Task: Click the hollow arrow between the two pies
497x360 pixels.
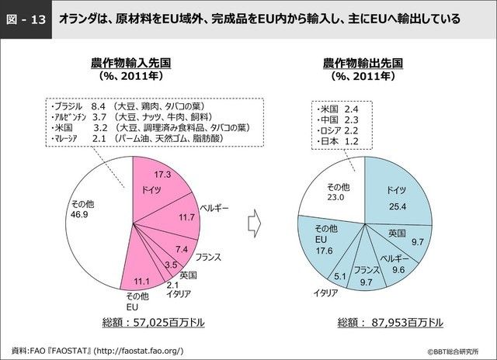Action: click(253, 223)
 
